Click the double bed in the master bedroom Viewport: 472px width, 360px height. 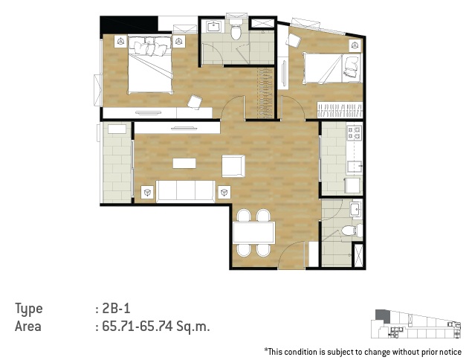[150, 64]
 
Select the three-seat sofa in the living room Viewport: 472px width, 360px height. [185, 191]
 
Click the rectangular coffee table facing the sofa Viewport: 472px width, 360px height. [184, 164]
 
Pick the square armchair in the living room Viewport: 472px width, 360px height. [233, 166]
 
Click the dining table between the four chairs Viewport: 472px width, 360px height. [253, 232]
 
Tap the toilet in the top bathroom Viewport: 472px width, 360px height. [236, 30]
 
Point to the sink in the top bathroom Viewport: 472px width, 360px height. [214, 26]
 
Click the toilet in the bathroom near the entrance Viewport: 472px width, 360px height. [351, 231]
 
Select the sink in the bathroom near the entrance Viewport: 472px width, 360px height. [356, 208]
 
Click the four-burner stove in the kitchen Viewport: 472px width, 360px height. [354, 133]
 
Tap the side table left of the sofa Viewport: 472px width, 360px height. [147, 192]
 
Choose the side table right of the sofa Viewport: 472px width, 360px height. [224, 192]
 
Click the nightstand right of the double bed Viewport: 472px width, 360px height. [179, 41]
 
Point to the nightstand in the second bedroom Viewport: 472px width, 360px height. [355, 45]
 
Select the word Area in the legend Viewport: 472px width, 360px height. [28, 327]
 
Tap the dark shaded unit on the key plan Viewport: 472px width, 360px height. [382, 315]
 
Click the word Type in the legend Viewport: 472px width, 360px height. [29, 309]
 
